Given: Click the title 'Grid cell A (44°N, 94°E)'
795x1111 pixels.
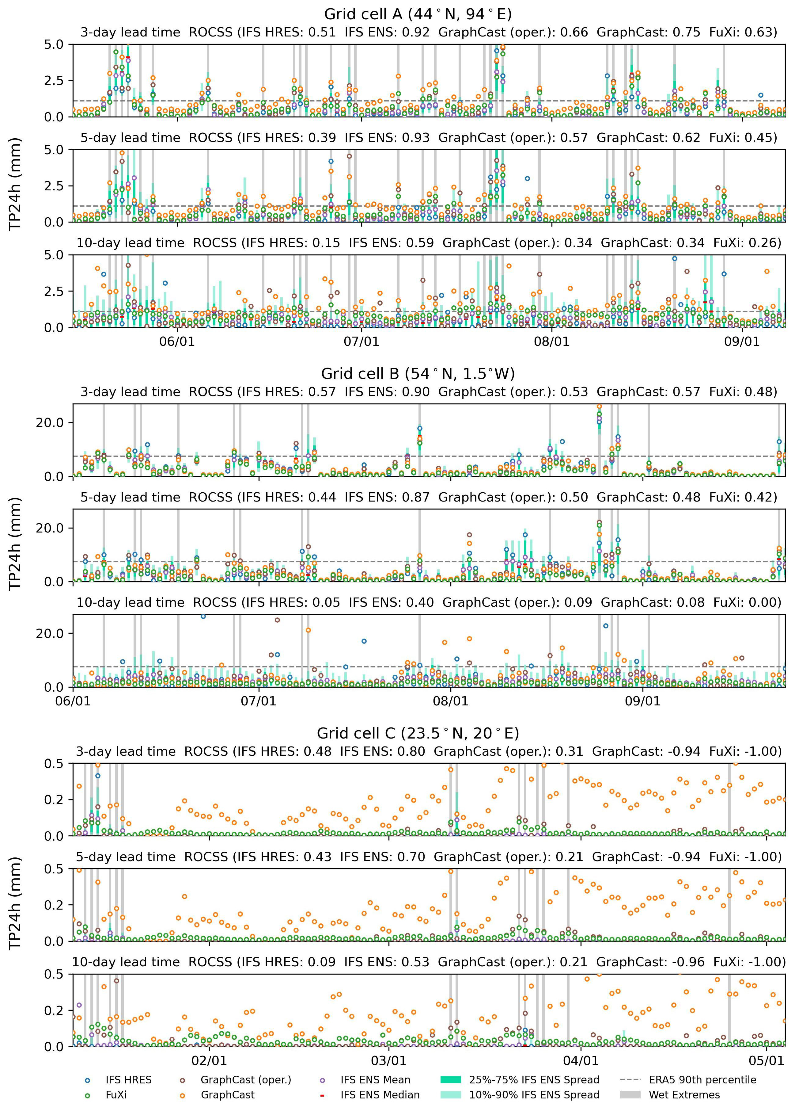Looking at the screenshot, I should coord(418,14).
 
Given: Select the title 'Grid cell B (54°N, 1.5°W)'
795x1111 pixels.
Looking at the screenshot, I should coord(418,374).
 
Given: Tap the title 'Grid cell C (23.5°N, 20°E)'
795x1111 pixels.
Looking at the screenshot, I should coord(418,733).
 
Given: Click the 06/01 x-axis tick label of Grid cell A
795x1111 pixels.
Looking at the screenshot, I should coord(177,342).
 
